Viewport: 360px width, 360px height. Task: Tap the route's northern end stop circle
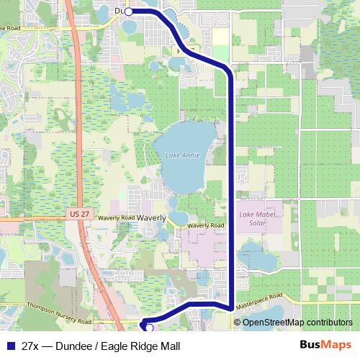tap(128, 12)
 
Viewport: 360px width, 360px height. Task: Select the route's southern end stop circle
tap(150, 328)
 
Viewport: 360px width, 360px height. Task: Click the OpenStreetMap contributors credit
tap(297, 322)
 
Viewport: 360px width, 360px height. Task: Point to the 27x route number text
tap(31, 346)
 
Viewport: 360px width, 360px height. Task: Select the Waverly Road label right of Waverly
tap(206, 225)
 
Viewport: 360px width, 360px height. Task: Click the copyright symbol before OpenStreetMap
tap(238, 322)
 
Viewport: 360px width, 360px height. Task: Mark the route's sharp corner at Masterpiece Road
tap(230, 308)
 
